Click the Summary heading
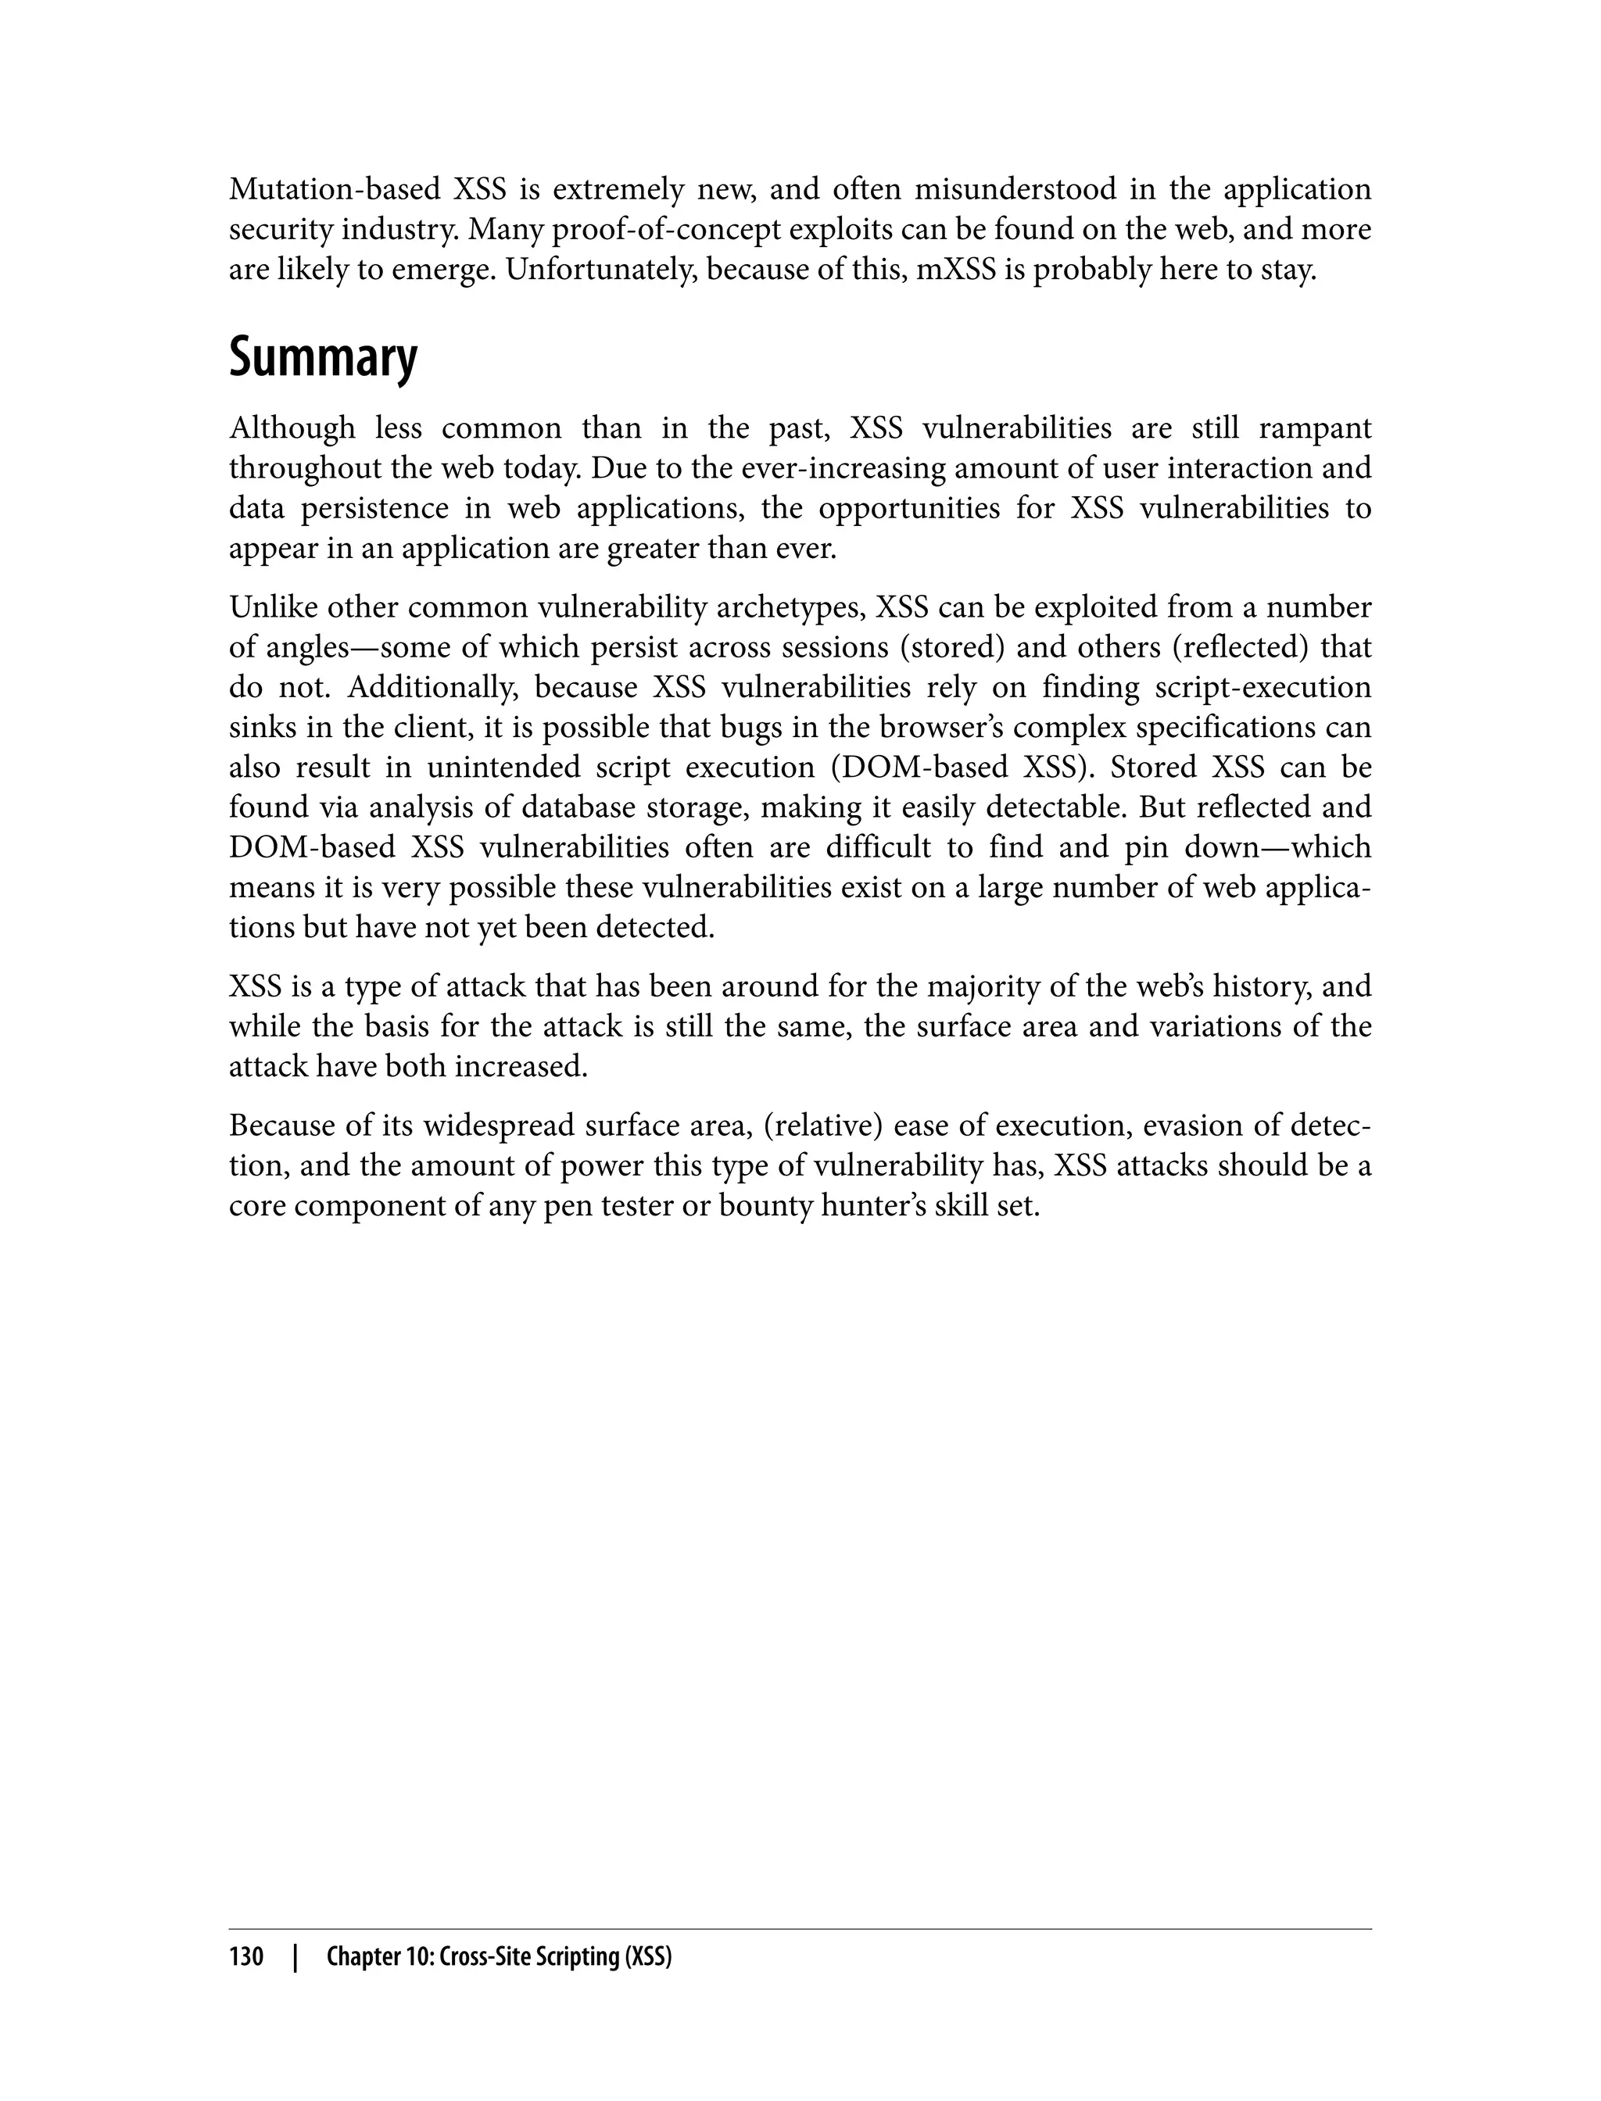[322, 358]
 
